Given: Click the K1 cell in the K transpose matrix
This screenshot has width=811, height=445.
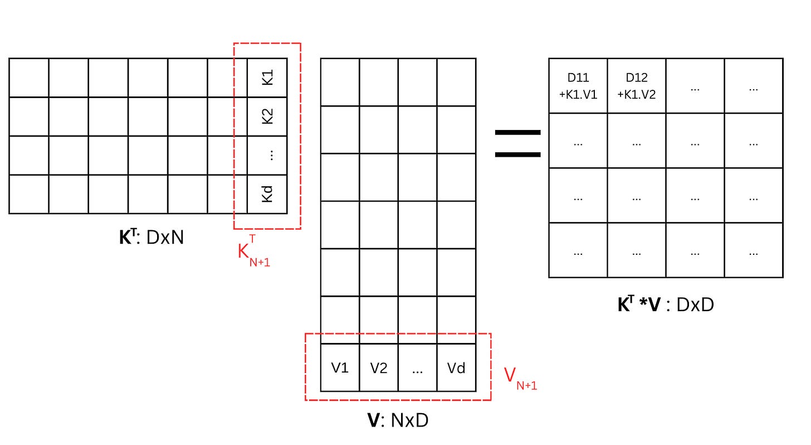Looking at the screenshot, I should [x=267, y=78].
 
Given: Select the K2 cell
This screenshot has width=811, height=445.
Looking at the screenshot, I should [x=267, y=117].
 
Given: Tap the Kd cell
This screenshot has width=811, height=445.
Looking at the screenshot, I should [x=267, y=194].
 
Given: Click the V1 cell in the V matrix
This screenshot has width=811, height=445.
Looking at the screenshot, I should [x=340, y=368].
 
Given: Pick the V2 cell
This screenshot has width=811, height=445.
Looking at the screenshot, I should [x=379, y=368].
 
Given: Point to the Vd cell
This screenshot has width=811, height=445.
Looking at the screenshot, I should [x=456, y=368].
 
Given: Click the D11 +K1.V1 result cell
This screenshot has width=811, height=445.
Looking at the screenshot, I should [x=578, y=86].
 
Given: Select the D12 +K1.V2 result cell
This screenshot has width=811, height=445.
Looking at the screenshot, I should [x=637, y=86].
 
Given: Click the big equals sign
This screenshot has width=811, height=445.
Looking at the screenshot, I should [x=518, y=144].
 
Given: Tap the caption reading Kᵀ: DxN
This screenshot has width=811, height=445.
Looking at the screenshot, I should [x=152, y=238].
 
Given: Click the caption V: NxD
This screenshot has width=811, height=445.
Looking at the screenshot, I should [x=398, y=420].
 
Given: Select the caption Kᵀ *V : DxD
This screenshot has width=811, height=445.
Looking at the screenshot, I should [x=666, y=304].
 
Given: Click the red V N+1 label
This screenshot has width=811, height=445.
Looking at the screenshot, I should [x=520, y=378].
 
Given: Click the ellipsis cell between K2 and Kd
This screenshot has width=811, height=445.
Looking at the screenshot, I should [x=267, y=156].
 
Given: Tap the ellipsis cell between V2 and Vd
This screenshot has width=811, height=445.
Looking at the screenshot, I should [x=417, y=368].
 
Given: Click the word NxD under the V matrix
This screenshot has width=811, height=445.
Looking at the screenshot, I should [x=409, y=420].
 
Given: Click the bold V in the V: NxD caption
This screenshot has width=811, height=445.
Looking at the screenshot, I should [x=373, y=420].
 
